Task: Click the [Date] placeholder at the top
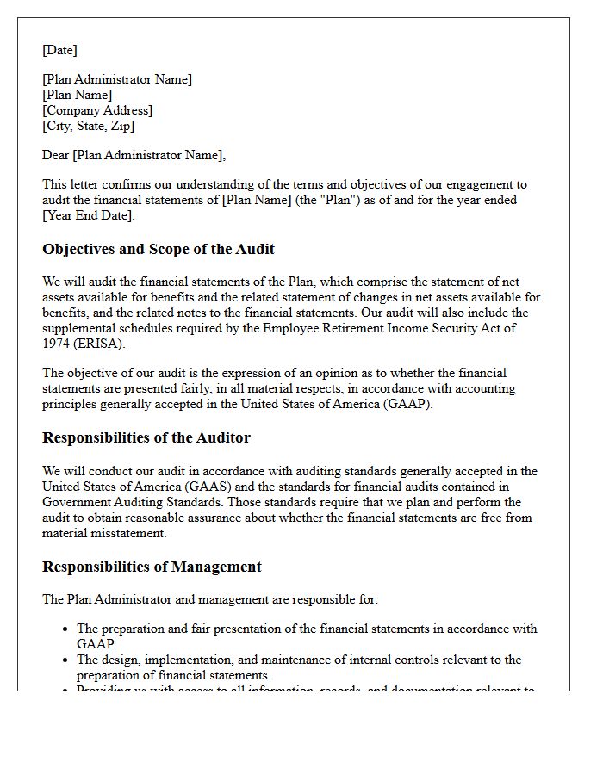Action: (60, 50)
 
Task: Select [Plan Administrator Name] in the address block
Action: (117, 79)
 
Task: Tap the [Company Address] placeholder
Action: (97, 110)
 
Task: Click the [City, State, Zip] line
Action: (89, 126)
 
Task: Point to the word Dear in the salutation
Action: (56, 155)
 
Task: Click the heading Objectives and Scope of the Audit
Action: (159, 249)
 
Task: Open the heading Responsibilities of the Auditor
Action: (146, 437)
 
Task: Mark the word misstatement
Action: (127, 533)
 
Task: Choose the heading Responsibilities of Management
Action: (152, 567)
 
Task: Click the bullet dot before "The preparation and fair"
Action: (65, 629)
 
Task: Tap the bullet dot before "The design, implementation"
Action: (65, 660)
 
